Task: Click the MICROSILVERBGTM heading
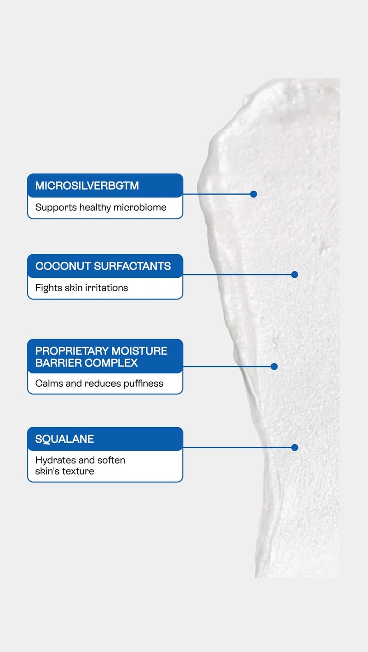pyautogui.click(x=87, y=186)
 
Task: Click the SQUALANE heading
pyautogui.click(x=64, y=439)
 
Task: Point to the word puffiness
pyautogui.click(x=140, y=383)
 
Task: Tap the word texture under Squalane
pyautogui.click(x=78, y=471)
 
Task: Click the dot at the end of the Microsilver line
pyautogui.click(x=253, y=194)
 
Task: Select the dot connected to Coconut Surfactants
pyautogui.click(x=295, y=275)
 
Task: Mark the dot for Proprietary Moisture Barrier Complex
pyautogui.click(x=274, y=366)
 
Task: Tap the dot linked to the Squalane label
pyautogui.click(x=295, y=447)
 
